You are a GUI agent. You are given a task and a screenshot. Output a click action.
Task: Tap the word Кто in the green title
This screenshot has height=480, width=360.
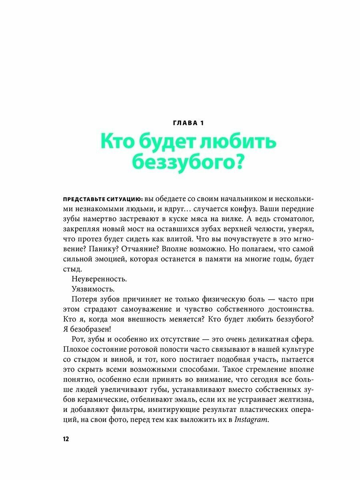coord(117,143)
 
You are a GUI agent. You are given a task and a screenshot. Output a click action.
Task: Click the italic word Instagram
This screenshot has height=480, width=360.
coord(251,419)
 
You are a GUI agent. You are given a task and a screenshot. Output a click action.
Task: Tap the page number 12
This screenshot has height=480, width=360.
coord(66,439)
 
